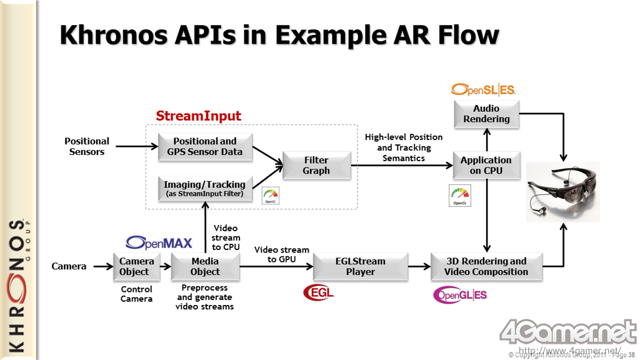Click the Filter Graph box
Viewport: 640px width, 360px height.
[316, 165]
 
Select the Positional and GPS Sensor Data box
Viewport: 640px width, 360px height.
[205, 146]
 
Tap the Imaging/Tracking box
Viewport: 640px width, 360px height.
[205, 189]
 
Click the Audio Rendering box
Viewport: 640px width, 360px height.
[486, 114]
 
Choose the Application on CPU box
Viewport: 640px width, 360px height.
[486, 165]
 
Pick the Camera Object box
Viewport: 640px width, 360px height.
[134, 266]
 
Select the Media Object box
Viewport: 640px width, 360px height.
[205, 266]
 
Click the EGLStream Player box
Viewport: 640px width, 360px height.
[361, 266]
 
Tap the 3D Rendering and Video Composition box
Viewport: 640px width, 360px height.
[486, 266]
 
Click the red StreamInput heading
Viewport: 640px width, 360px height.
[198, 116]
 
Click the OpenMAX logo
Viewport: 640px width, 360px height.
[159, 242]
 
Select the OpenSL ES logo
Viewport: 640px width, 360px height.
[483, 90]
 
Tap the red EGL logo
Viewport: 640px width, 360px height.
[319, 292]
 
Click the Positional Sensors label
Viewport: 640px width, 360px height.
[87, 146]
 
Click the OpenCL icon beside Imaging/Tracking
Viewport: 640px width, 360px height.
[271, 195]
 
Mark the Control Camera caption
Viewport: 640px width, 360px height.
[136, 294]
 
